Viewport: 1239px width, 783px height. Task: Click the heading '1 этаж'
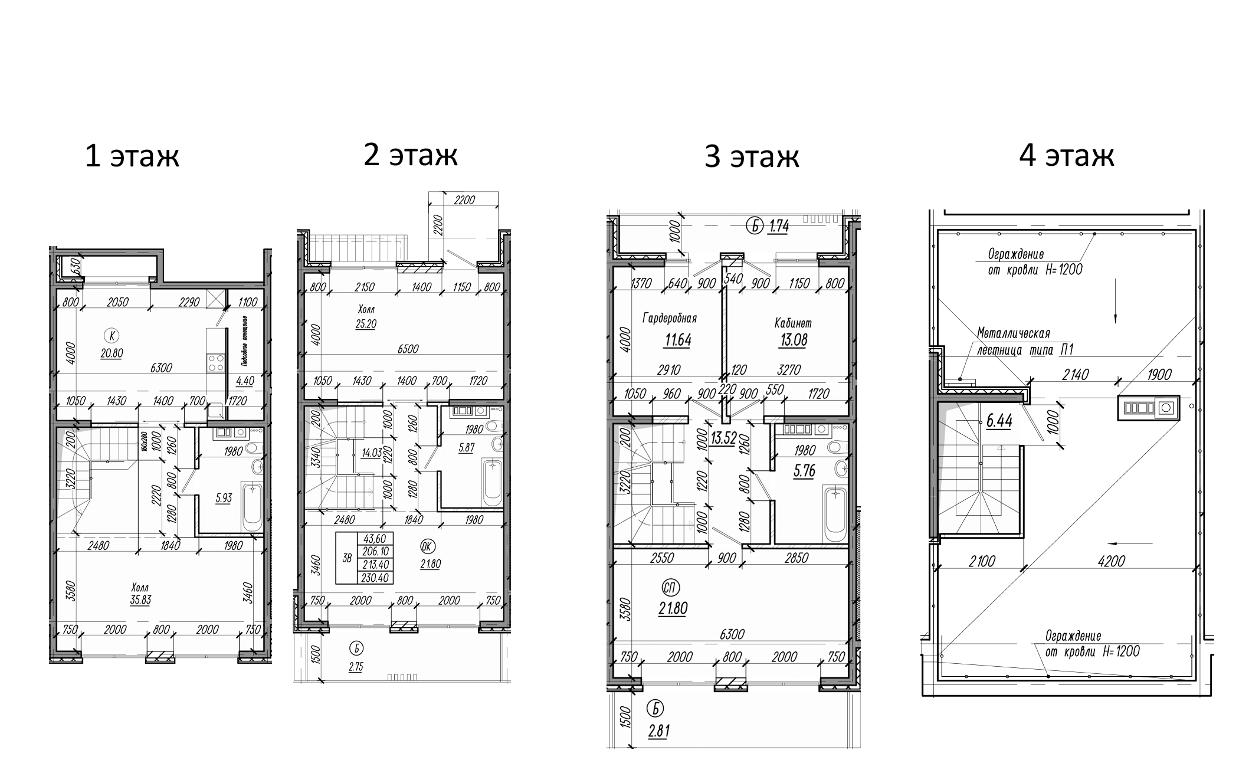pos(132,156)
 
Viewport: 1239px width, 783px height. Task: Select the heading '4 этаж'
pos(1067,156)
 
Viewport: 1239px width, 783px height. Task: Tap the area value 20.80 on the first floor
pos(111,353)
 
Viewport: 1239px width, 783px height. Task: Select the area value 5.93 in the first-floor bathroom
pos(224,498)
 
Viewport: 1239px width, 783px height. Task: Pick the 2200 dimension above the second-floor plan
pos(464,200)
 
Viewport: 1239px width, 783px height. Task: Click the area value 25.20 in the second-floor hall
pos(366,324)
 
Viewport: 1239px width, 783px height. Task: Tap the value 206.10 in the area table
pos(376,551)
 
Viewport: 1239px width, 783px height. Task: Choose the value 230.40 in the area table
pos(376,578)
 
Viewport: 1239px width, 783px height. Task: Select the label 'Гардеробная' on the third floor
pos(670,319)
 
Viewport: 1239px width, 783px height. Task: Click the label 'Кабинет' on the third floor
pos(793,323)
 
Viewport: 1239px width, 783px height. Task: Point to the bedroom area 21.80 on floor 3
pos(673,608)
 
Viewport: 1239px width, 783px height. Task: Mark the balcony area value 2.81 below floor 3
pos(658,732)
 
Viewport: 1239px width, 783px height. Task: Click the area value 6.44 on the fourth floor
pos(999,421)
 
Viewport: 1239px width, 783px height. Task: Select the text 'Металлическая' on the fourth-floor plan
pos(1013,333)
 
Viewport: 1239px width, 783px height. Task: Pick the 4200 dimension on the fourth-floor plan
pos(1111,561)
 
